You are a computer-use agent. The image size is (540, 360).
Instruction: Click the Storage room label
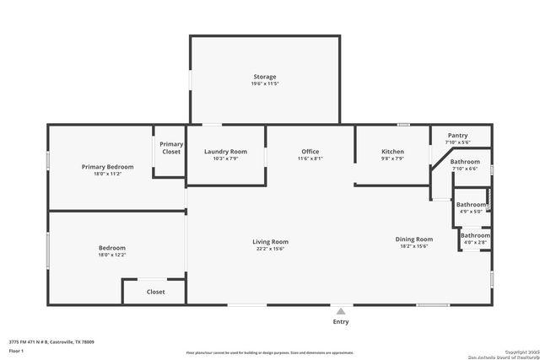[x=265, y=77]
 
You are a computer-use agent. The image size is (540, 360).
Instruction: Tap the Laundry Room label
[x=225, y=152]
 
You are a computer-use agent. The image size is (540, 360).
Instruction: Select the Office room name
[x=310, y=152]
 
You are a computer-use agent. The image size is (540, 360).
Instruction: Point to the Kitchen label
[x=393, y=152]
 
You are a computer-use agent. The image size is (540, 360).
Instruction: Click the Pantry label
[x=457, y=135]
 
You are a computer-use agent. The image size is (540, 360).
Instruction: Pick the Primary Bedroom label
[x=107, y=167]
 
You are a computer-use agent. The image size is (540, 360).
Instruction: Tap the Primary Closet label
[x=171, y=148]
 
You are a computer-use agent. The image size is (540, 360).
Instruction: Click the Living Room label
[x=271, y=242]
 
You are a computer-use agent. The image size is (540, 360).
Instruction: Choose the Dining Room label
[x=413, y=239]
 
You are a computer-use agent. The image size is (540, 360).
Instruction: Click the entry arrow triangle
[x=341, y=309]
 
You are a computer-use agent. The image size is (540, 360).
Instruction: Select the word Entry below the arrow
[x=341, y=321]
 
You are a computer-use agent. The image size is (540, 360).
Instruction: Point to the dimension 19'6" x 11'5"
[x=265, y=84]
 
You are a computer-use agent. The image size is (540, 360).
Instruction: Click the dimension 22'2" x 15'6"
[x=271, y=250]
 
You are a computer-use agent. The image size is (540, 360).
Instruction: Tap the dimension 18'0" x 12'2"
[x=111, y=255]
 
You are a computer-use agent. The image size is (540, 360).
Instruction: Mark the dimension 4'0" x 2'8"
[x=476, y=243]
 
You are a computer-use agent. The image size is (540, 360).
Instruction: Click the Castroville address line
[x=51, y=341]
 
